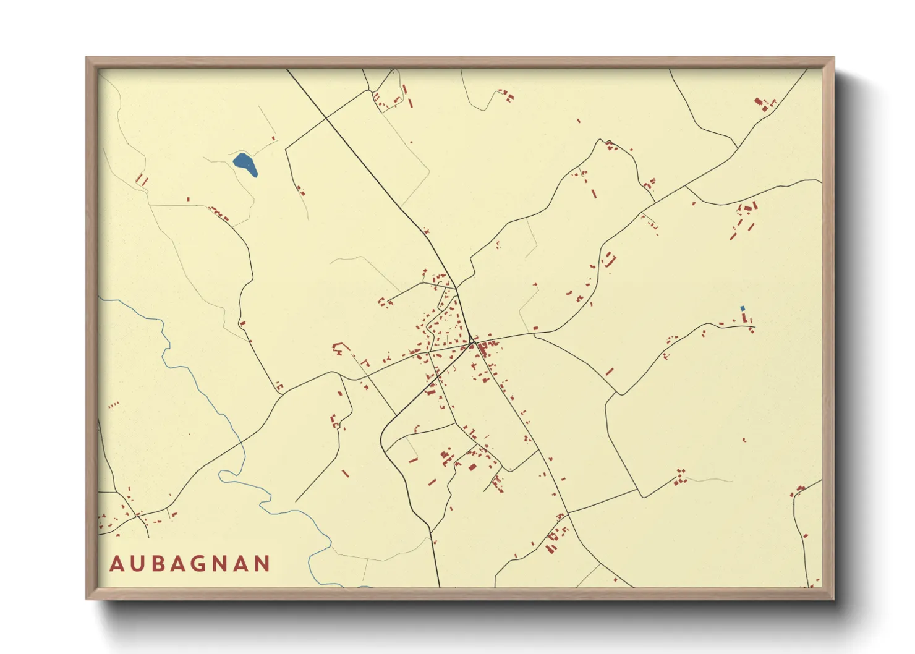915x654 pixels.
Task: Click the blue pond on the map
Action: coord(245,164)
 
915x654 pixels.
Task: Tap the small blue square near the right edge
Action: coord(743,308)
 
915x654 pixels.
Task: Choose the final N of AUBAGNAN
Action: coord(262,564)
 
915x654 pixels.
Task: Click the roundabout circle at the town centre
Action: coord(471,341)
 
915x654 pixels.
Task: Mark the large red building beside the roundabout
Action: coord(482,349)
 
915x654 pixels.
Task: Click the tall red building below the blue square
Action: coord(744,318)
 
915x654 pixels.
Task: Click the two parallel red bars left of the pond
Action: coord(142,180)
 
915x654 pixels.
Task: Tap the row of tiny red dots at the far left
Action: coord(113,406)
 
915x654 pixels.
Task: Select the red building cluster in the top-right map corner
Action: coord(765,104)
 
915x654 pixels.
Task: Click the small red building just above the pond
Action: coord(273,138)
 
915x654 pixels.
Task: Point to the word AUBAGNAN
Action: coord(190,564)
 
